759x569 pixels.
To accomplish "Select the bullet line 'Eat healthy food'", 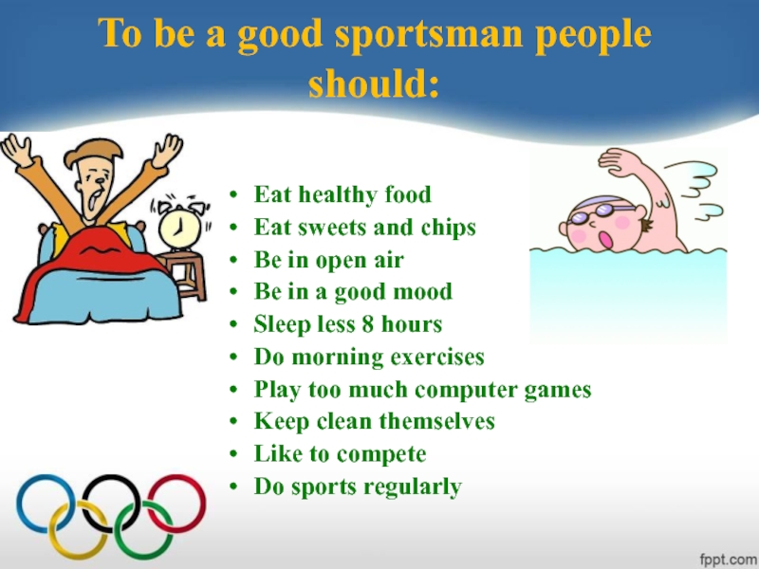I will tap(342, 195).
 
